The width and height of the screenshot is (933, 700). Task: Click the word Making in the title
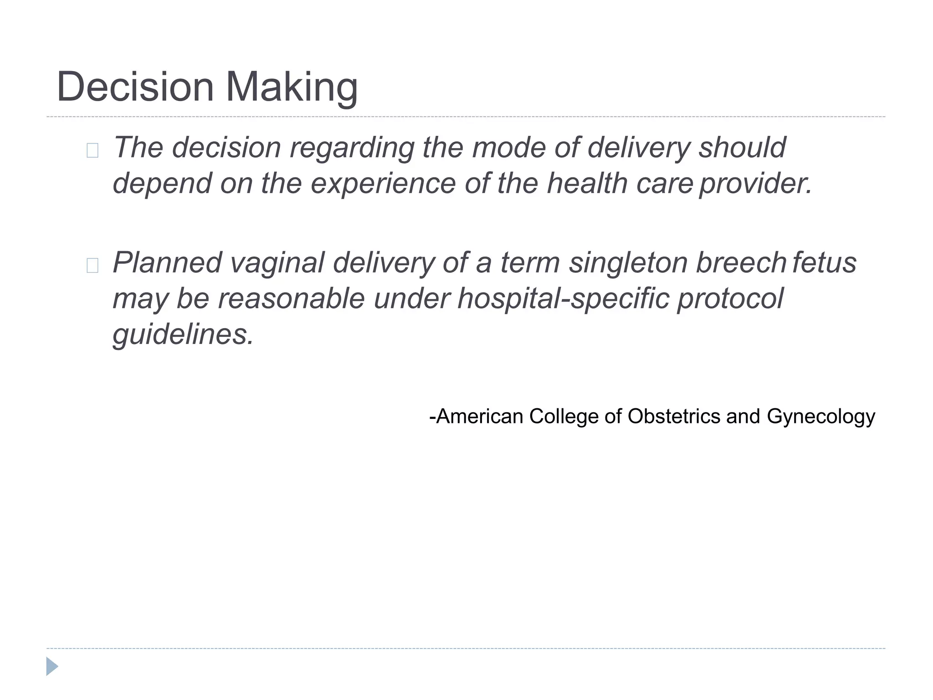[x=292, y=87]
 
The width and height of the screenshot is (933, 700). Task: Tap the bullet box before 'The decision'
[x=92, y=150]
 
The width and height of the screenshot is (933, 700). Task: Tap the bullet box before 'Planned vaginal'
[x=92, y=265]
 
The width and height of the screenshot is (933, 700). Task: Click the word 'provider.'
[x=756, y=183]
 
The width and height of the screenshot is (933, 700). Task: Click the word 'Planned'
[x=167, y=263]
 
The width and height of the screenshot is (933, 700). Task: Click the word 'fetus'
[x=825, y=263]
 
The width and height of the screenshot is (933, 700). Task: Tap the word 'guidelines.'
[x=183, y=335]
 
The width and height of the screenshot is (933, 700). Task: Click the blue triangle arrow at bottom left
[x=52, y=666]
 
